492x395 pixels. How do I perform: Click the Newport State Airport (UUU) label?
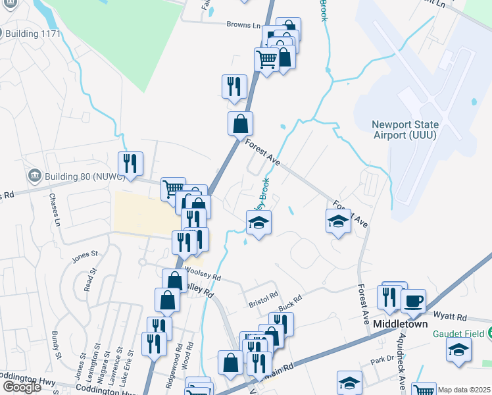(404, 129)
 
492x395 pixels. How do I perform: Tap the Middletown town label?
(401, 325)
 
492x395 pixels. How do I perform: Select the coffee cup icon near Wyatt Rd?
(413, 302)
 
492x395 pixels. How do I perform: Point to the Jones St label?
(85, 253)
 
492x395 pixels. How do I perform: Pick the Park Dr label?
(381, 360)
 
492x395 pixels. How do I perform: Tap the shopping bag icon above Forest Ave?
(241, 122)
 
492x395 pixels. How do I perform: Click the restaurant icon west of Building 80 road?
(130, 162)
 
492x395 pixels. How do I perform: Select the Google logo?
(22, 387)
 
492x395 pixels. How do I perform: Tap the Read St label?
(88, 280)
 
